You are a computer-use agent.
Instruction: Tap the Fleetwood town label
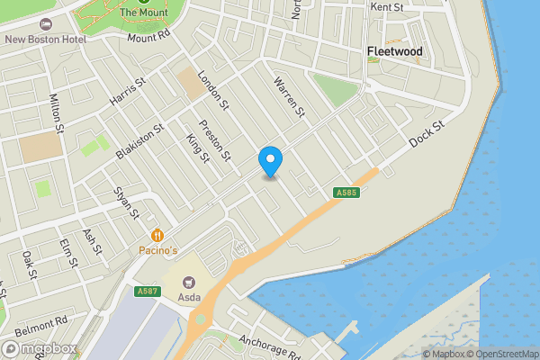coord(394,52)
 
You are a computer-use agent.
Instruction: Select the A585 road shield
coord(348,193)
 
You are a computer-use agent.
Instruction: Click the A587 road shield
coord(148,291)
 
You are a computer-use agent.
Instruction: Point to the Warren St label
coord(290,96)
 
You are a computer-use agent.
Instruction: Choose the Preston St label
coord(215,139)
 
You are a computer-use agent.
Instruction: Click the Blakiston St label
coord(139,142)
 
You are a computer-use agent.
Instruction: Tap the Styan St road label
coord(125,203)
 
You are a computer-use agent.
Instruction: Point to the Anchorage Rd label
coord(269,346)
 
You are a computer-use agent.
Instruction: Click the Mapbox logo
coord(38,348)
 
